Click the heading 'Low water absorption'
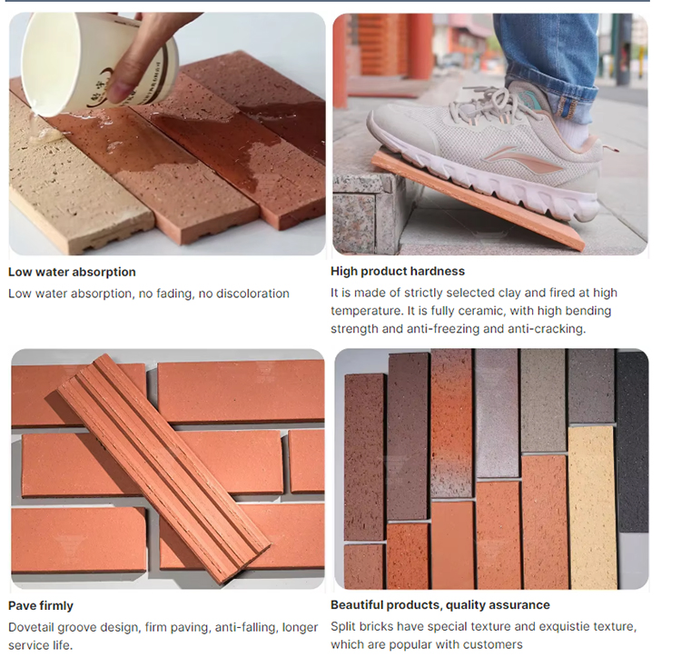(72, 272)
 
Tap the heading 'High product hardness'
(397, 272)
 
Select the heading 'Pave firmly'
(41, 605)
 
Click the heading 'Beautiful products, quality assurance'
(439, 605)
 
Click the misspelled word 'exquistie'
(556, 627)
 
